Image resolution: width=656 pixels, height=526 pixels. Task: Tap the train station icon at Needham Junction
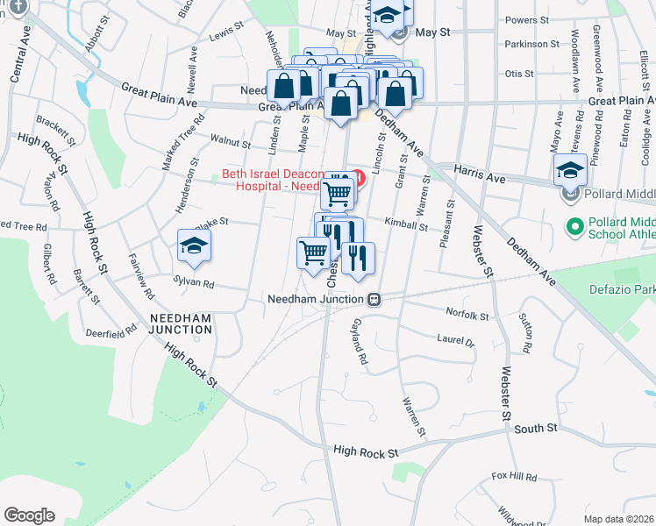pyautogui.click(x=374, y=299)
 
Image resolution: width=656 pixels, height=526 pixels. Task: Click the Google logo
pyautogui.click(x=29, y=515)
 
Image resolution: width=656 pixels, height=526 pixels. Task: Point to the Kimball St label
pyautogui.click(x=405, y=226)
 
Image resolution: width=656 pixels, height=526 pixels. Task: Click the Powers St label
pyautogui.click(x=527, y=19)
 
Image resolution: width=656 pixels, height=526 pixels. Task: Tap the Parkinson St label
pyautogui.click(x=531, y=44)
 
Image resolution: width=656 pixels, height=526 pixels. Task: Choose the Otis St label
pyautogui.click(x=519, y=74)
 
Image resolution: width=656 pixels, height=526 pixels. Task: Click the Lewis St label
pyautogui.click(x=225, y=31)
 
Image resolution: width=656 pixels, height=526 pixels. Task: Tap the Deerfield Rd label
pyautogui.click(x=111, y=331)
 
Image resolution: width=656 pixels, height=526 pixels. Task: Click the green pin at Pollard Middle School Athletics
pyautogui.click(x=575, y=227)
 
